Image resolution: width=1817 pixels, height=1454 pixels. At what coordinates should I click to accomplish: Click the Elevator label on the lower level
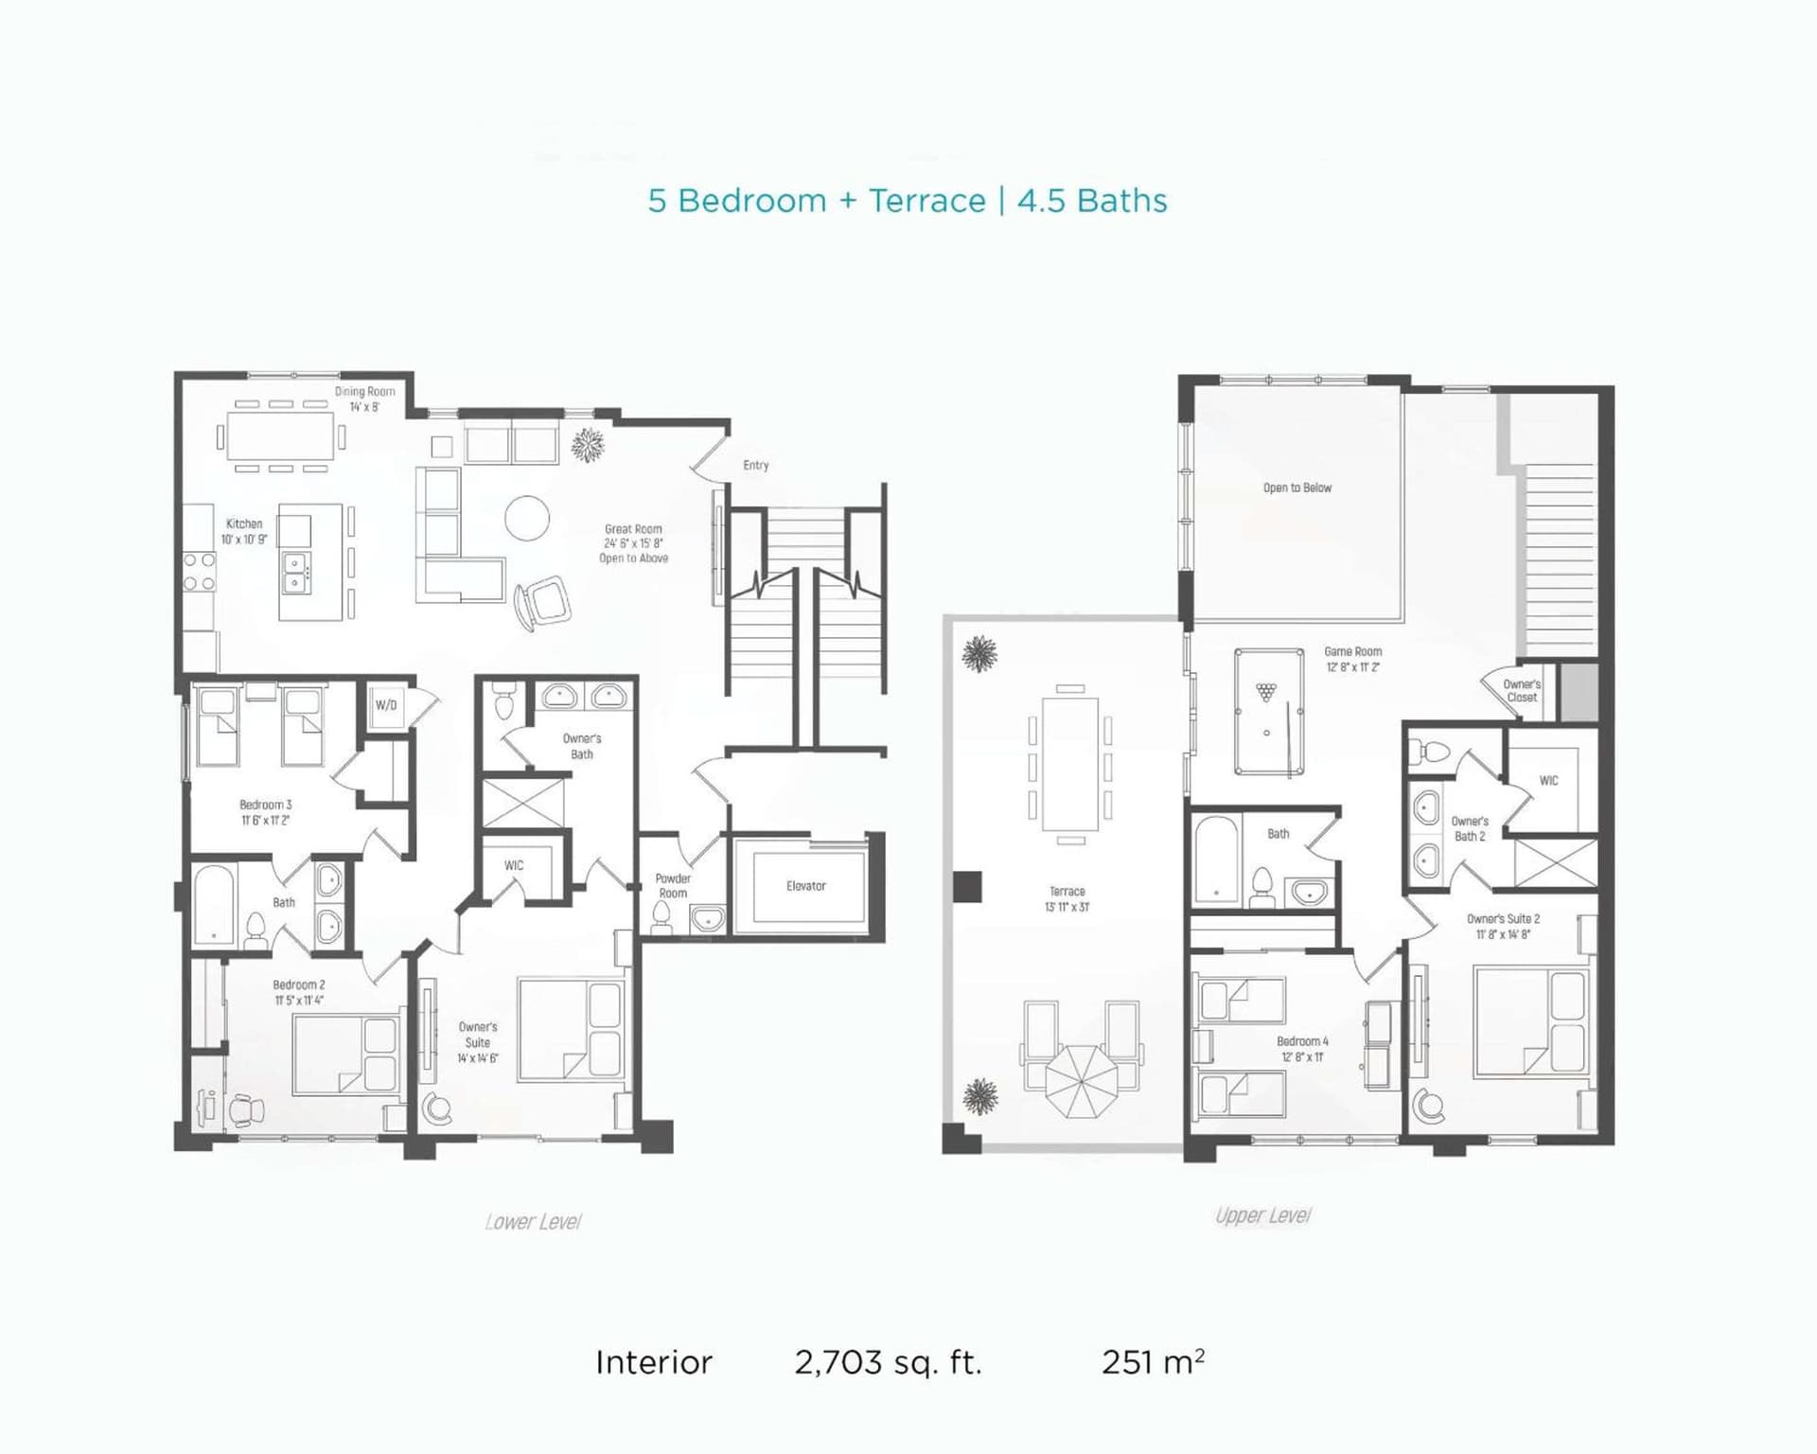point(806,886)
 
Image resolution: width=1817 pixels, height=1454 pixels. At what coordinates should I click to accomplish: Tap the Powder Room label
point(673,886)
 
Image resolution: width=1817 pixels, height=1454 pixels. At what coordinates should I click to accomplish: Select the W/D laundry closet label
point(386,705)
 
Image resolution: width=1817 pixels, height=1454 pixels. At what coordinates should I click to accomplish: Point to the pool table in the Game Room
point(1269,711)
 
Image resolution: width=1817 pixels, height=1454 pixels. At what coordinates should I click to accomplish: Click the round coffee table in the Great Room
point(527,518)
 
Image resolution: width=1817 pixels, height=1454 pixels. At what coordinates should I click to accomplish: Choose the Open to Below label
point(1297,488)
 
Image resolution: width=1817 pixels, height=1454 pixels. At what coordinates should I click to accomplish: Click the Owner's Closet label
point(1522,691)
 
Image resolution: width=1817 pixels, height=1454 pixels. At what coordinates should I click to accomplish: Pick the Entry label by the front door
point(756,465)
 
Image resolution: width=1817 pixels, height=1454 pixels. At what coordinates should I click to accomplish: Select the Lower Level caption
point(533,1222)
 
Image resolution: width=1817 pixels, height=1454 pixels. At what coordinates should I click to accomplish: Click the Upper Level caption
point(1263,1215)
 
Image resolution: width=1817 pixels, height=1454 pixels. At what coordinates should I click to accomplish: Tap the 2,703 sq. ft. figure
point(888,1362)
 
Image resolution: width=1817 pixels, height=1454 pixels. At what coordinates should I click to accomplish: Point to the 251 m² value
point(1153,1361)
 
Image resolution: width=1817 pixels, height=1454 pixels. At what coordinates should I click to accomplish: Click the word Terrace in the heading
point(927,201)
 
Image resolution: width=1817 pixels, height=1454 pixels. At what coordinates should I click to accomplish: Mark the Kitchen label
point(244,523)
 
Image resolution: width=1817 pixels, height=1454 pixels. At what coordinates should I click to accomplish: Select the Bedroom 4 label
point(1302,1041)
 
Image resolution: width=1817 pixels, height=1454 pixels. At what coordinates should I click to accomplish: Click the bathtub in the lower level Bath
point(214,905)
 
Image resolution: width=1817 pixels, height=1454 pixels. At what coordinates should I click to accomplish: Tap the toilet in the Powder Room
point(662,917)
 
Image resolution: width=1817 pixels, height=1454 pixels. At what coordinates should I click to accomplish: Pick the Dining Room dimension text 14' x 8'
point(364,407)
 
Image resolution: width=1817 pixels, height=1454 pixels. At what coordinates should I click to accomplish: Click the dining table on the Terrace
point(1070,764)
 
